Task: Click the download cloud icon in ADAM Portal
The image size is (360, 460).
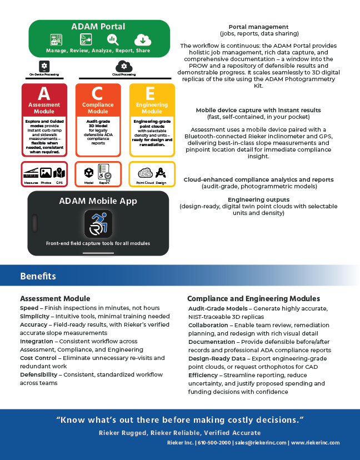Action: (142, 40)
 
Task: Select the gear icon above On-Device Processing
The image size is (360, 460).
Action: (43, 66)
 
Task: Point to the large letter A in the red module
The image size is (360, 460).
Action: (44, 93)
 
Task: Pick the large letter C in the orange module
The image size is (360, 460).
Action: (98, 93)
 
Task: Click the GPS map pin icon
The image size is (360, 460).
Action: (59, 173)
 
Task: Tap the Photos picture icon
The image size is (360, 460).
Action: (46, 173)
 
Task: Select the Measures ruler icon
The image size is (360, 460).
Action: (31, 173)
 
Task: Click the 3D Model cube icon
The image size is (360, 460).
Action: (89, 172)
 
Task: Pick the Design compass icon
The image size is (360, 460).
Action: (161, 172)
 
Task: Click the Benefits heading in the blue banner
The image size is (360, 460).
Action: (38, 276)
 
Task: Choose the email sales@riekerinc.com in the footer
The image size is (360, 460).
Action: (261, 443)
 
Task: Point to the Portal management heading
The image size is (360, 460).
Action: (258, 27)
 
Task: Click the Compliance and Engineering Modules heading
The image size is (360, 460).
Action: (253, 299)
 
